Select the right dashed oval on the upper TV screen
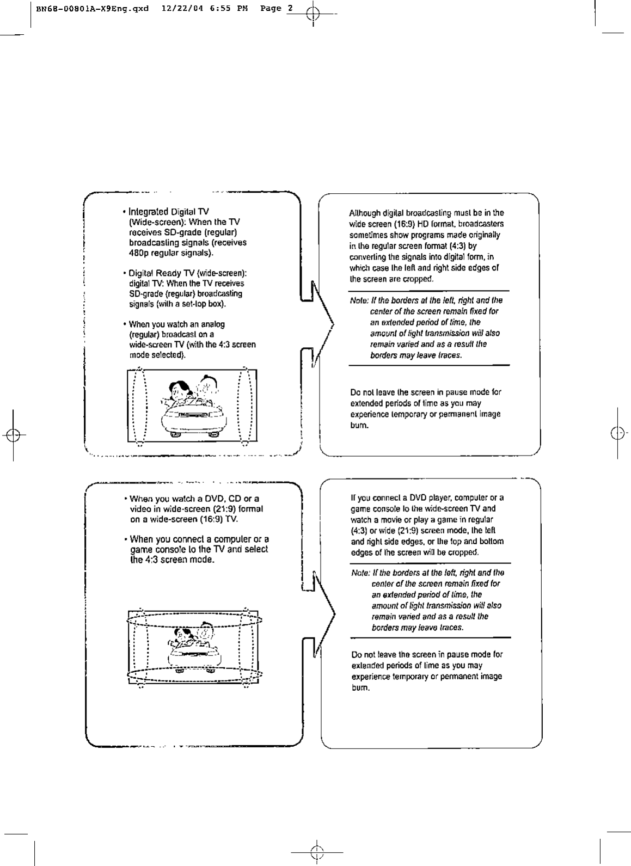click(246, 406)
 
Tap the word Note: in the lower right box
click(360, 573)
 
